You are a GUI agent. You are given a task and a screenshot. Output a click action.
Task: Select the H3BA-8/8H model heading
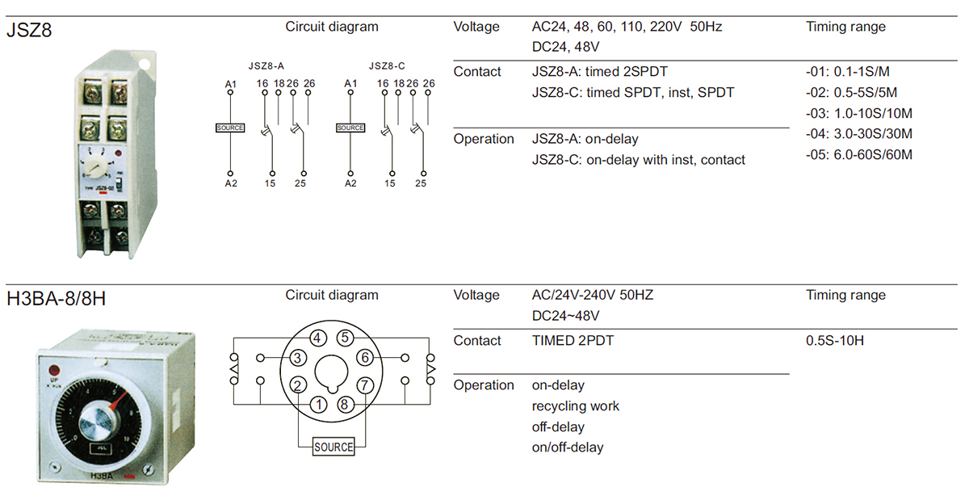(x=56, y=300)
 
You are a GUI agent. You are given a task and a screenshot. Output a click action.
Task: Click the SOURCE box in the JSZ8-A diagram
(x=230, y=128)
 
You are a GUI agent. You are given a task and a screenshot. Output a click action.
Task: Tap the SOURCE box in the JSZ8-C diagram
(x=350, y=128)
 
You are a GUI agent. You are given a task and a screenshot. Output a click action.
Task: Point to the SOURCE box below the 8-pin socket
(x=333, y=447)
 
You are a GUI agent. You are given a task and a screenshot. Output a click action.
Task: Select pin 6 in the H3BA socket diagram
(x=365, y=357)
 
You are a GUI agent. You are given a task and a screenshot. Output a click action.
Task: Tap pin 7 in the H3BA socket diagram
(x=365, y=385)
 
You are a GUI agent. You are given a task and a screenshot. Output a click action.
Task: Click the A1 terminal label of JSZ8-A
(x=230, y=84)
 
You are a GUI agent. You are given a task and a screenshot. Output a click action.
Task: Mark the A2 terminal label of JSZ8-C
(x=350, y=183)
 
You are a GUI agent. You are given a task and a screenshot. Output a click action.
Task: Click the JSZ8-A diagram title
(x=266, y=65)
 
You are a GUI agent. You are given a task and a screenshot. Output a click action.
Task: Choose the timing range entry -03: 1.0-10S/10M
(x=858, y=113)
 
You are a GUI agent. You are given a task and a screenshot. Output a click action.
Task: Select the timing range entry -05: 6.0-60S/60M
(x=858, y=154)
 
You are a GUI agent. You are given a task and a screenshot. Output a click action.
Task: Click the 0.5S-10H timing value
(x=834, y=341)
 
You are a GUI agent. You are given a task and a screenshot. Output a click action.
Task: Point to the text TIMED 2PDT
(x=573, y=341)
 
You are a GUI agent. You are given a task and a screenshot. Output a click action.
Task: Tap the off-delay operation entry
(x=558, y=426)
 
